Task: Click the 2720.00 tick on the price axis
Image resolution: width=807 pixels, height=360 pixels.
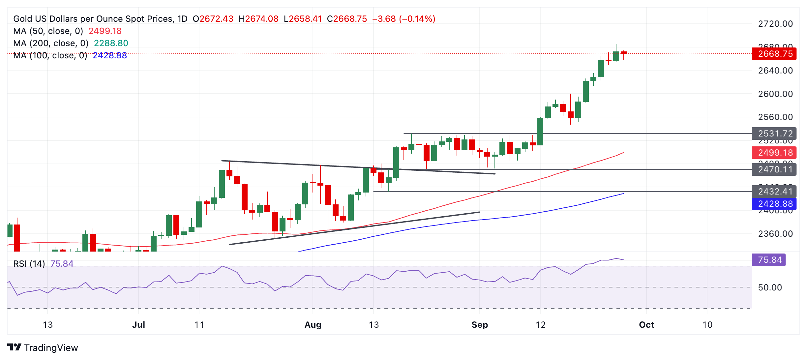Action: (x=775, y=24)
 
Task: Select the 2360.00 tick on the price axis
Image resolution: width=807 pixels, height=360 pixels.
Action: (x=775, y=234)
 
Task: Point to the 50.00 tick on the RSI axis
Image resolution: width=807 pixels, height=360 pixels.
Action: (x=770, y=287)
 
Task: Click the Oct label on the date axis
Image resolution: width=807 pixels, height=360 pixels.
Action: (x=646, y=325)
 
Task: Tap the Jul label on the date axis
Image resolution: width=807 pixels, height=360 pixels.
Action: (x=138, y=325)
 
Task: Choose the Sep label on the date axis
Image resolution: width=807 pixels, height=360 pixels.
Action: (x=479, y=325)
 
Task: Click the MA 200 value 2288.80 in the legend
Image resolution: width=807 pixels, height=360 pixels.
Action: (x=111, y=43)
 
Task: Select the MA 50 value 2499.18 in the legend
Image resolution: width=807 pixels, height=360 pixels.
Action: (x=105, y=31)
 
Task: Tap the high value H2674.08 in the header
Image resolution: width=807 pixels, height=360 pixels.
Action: (x=258, y=19)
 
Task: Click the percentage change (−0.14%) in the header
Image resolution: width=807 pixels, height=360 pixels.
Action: (x=417, y=19)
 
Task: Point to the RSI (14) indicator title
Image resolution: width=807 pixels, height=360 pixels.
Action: (x=29, y=264)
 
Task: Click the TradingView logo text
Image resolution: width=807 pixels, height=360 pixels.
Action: (x=51, y=348)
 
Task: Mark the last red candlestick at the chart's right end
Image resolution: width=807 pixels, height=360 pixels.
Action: (x=623, y=53)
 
